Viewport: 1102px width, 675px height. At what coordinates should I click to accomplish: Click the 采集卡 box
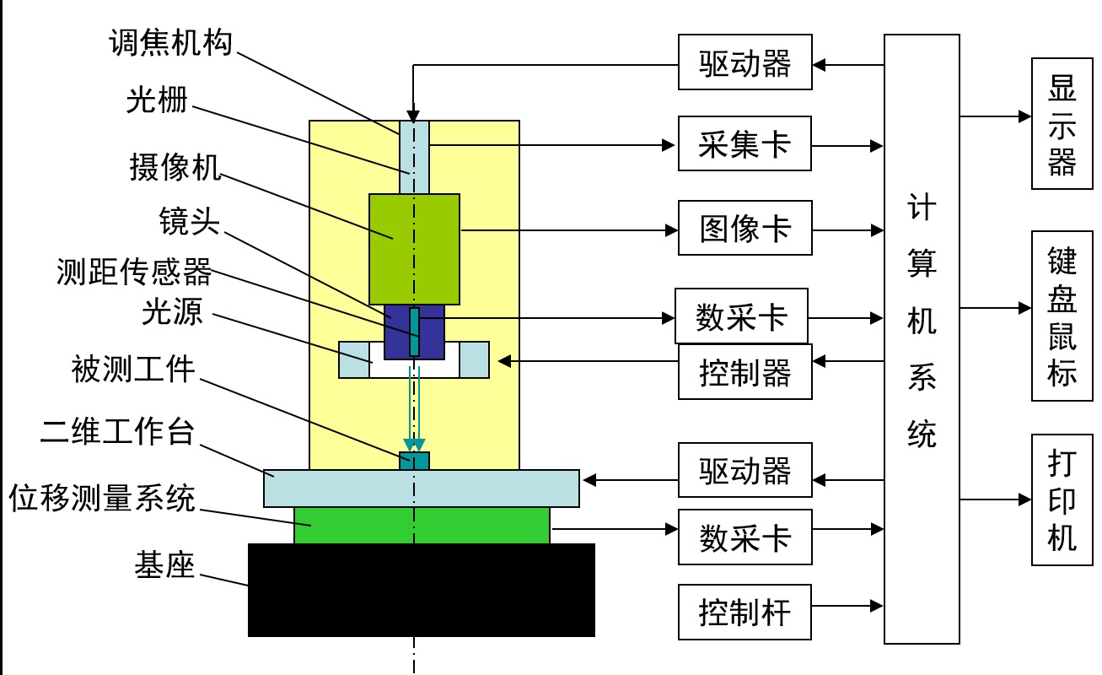[745, 144]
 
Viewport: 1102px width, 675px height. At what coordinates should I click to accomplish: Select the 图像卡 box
[745, 228]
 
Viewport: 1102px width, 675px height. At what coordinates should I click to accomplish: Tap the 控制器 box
[745, 372]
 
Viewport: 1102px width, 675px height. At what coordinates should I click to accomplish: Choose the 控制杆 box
[745, 612]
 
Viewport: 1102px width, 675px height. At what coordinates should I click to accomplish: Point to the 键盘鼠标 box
[1062, 316]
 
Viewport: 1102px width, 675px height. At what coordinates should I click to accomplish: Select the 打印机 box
[1062, 500]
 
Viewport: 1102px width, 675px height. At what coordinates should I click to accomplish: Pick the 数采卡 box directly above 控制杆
[745, 537]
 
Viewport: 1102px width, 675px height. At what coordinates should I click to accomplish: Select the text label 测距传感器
[134, 271]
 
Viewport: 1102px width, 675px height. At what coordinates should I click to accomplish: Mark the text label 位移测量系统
[102, 499]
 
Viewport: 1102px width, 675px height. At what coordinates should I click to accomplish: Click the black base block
[421, 590]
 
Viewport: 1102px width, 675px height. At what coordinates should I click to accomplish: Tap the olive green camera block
[414, 249]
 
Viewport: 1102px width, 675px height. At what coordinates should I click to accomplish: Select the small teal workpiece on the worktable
[414, 461]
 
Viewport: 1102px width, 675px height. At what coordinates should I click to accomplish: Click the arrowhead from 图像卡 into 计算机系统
[877, 229]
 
